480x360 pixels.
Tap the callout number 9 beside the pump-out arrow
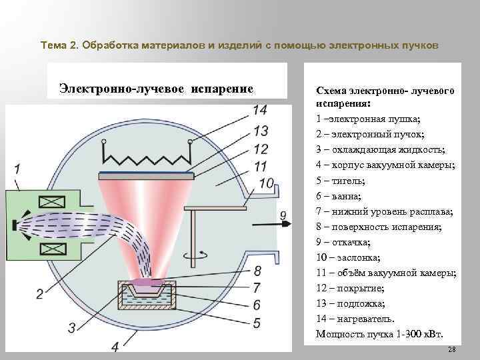tap(283, 215)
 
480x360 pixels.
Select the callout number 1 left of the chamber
tap(17, 168)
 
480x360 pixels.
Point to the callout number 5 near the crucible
tap(257, 323)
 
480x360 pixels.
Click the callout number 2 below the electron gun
tap(39, 293)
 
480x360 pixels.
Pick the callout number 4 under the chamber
tap(115, 347)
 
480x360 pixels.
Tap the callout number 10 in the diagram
tap(266, 182)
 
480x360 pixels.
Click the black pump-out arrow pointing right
tap(285, 225)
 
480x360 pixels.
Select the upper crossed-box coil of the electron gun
tap(51, 202)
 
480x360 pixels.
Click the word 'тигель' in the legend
tap(345, 181)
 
